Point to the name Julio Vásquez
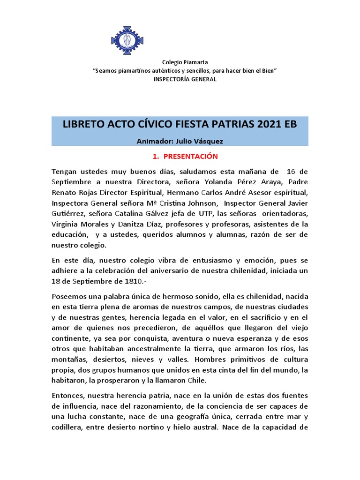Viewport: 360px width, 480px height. point(202,140)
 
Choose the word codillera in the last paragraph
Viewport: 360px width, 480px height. point(68,427)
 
